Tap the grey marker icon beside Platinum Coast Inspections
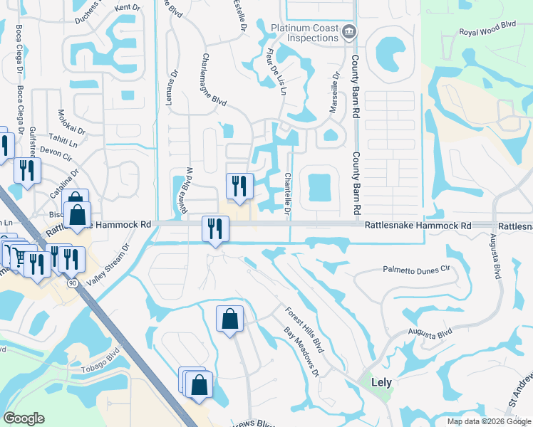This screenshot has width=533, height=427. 348,31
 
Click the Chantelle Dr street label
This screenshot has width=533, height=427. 288,193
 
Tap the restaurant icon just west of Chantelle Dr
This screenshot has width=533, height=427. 239,186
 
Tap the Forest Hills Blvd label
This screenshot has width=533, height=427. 304,330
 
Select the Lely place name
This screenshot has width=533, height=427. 382,381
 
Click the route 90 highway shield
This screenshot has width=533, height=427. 72,283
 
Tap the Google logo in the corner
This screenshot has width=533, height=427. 24,418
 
